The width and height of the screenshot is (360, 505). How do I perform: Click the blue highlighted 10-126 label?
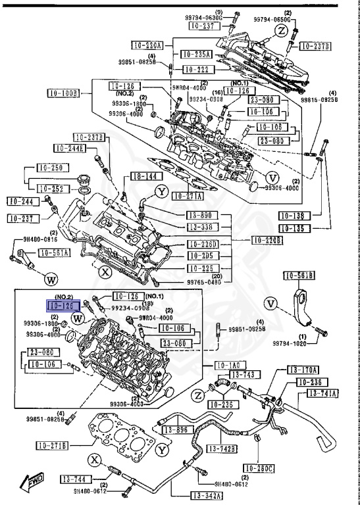tap(63, 306)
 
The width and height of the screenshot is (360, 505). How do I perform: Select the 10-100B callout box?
tap(63, 93)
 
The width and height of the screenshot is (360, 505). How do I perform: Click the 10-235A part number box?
tap(197, 55)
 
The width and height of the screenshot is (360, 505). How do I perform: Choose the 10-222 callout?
tap(197, 69)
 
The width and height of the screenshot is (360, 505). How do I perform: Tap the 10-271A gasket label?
tap(188, 195)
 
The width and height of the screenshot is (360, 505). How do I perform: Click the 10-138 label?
tap(294, 216)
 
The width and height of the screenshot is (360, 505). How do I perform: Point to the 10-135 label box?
tap(294, 229)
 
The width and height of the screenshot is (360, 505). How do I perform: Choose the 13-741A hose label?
tap(324, 394)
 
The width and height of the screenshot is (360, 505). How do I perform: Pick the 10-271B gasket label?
tap(51, 446)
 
